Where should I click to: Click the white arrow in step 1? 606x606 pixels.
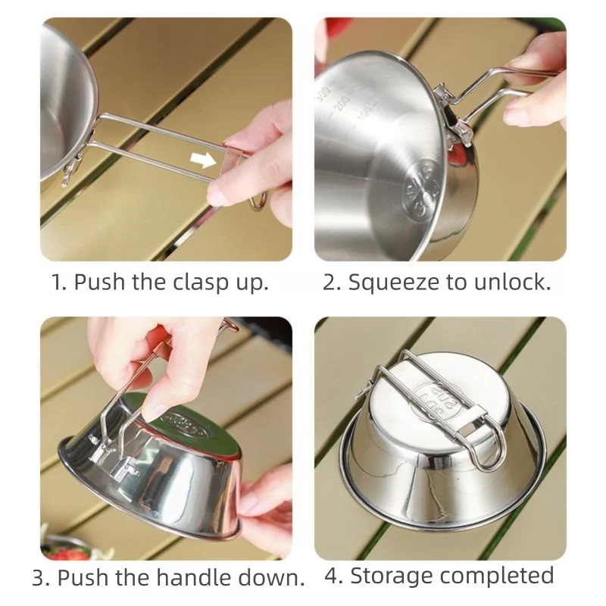[x=204, y=160]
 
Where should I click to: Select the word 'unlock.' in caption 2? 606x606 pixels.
[x=513, y=282]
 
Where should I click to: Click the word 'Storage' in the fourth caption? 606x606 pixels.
[x=392, y=576]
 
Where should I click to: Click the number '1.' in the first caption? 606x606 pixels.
[x=59, y=282]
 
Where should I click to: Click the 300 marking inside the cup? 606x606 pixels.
[x=323, y=94]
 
